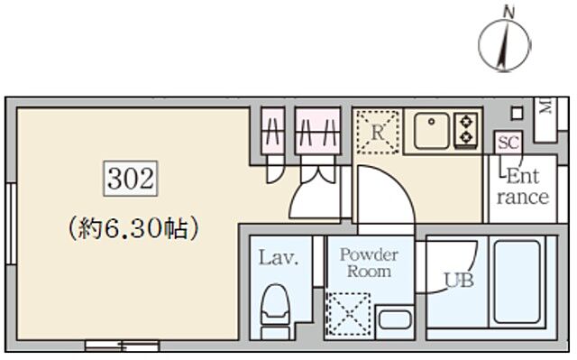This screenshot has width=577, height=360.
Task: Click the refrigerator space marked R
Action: (x=376, y=130)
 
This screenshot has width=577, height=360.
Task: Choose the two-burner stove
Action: (x=466, y=129)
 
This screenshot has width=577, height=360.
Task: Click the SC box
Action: (x=508, y=142)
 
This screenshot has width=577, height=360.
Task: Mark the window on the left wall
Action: (x=10, y=225)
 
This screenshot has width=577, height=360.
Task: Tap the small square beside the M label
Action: (x=517, y=112)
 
